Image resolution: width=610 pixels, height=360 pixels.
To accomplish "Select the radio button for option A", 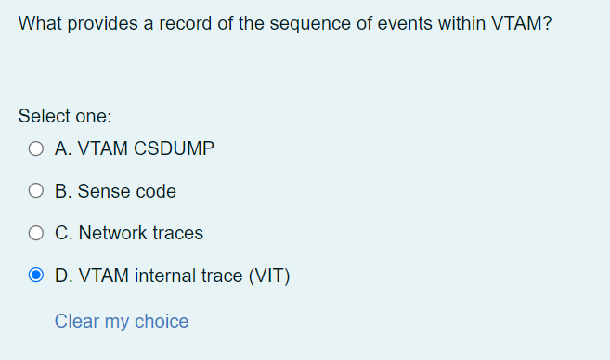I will pyautogui.click(x=36, y=148).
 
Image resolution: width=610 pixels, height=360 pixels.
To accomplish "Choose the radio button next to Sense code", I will pyautogui.click(x=36, y=191).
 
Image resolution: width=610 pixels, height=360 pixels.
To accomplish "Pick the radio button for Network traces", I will pyautogui.click(x=36, y=234).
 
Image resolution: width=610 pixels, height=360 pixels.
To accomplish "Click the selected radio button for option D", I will pyautogui.click(x=36, y=276).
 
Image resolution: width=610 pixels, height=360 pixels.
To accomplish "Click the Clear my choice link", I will pyautogui.click(x=122, y=321).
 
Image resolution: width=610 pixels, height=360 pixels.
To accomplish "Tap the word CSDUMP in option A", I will pyautogui.click(x=175, y=148).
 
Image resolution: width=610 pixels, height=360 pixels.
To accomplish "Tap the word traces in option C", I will pyautogui.click(x=176, y=234).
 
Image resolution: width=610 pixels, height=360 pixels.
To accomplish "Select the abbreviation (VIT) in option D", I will pyautogui.click(x=267, y=276).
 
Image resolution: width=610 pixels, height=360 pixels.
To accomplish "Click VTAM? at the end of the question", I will pyautogui.click(x=520, y=23).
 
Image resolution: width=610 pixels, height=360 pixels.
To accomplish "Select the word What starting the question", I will pyautogui.click(x=39, y=23).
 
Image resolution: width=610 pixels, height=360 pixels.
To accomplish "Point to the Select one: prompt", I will pyautogui.click(x=65, y=117).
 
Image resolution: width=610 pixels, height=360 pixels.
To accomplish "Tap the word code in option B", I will pyautogui.click(x=156, y=191).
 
